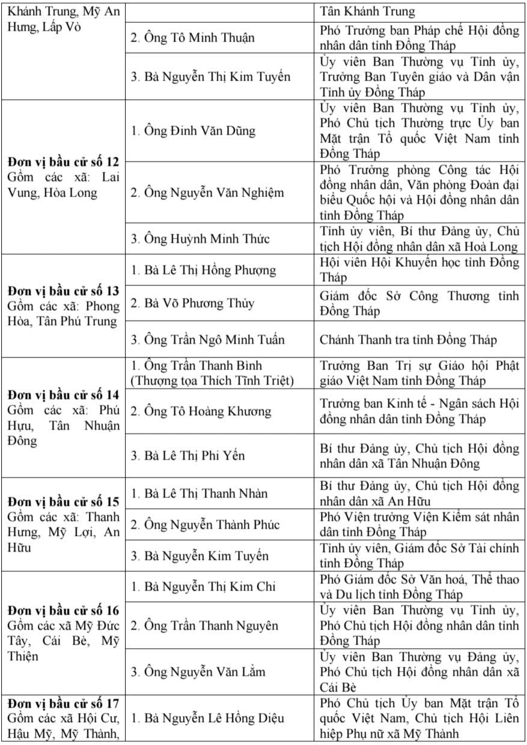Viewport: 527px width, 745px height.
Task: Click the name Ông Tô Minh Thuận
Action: pos(192,38)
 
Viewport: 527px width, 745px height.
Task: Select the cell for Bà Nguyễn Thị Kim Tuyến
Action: pos(210,77)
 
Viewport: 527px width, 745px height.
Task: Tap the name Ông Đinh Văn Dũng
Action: pos(193,130)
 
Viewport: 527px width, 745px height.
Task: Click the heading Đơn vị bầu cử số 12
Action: pos(63,162)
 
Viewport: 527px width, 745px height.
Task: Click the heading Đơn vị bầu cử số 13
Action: pos(63,291)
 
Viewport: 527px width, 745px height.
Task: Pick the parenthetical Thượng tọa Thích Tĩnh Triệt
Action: pos(212,381)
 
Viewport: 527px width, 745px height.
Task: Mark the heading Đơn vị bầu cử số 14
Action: pos(63,395)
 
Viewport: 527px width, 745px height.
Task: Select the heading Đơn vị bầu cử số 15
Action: pos(63,502)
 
